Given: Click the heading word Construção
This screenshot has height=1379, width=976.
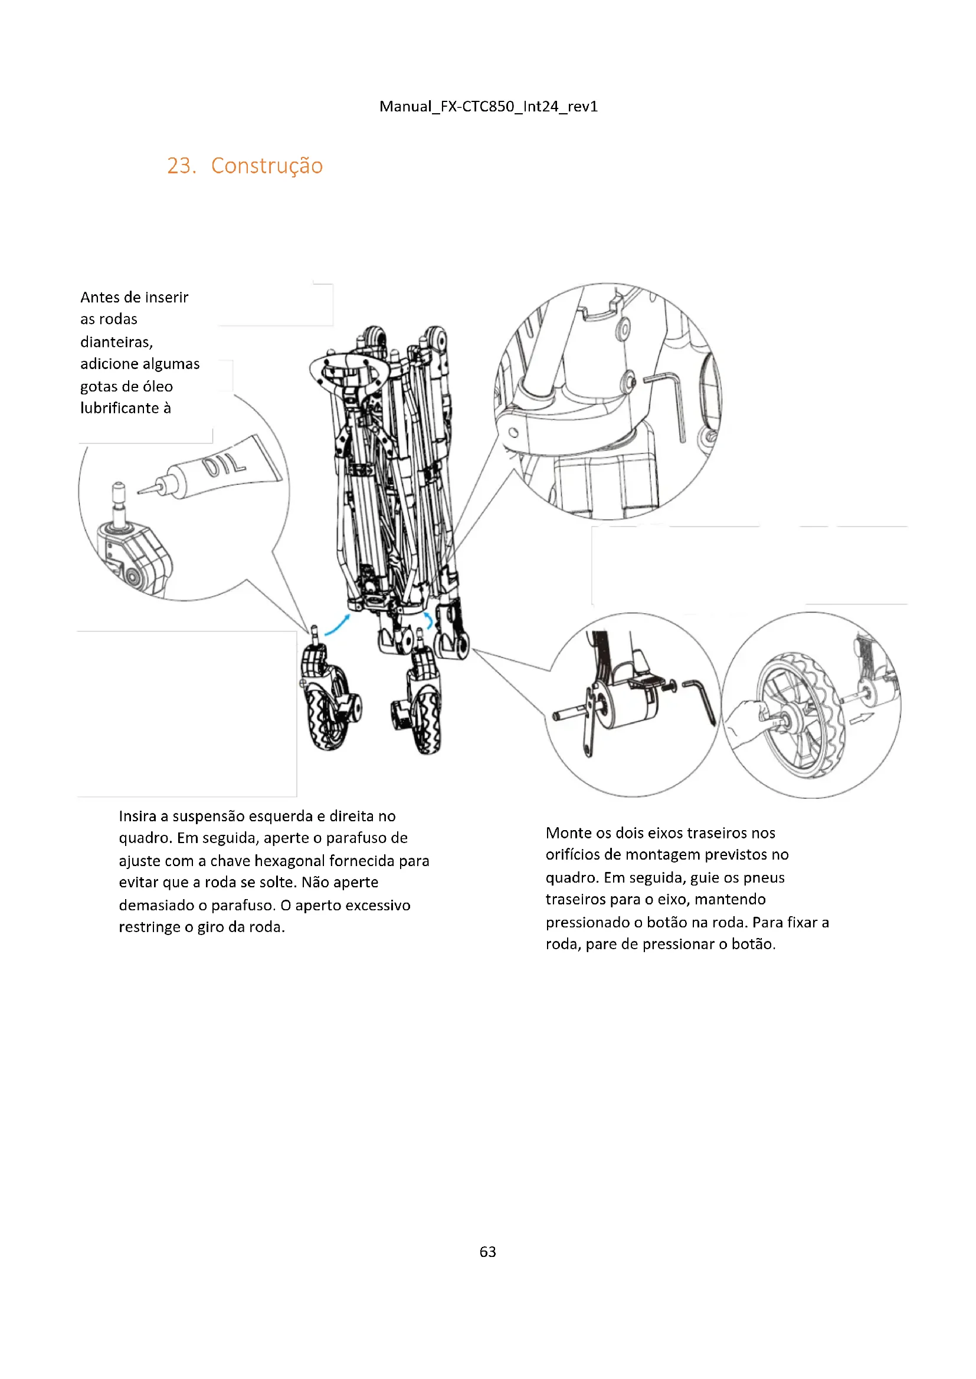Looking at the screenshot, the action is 267,166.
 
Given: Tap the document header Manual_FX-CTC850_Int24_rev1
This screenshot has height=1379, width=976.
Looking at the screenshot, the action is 488,106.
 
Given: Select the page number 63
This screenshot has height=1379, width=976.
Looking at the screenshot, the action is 487,1251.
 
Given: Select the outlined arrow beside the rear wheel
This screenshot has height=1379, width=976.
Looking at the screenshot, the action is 861,717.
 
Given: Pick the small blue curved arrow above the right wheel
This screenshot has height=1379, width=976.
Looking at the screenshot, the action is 428,620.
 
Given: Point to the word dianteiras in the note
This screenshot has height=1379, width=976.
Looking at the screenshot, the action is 117,342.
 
